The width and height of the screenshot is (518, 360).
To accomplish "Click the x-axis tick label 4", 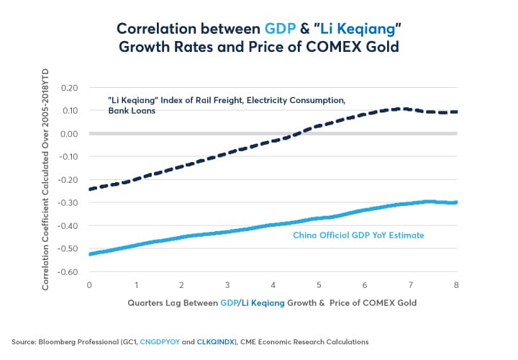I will (273, 285).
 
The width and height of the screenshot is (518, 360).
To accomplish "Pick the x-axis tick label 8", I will (456, 285).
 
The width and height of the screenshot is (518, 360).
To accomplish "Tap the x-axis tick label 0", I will (89, 285).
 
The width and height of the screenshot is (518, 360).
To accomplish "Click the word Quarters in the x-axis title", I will (147, 302).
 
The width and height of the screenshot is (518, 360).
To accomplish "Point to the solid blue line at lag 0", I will (89, 253).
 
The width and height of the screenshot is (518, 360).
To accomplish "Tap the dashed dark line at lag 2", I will (181, 164).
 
